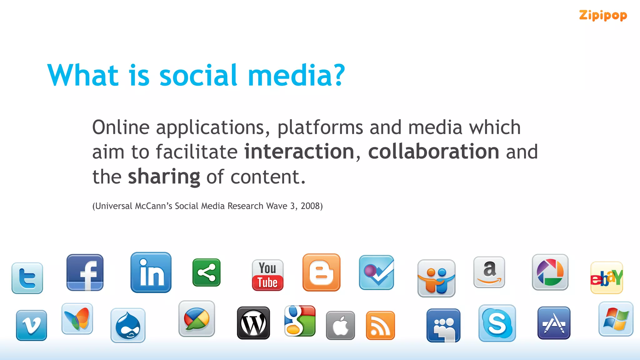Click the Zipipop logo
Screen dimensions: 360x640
(x=603, y=15)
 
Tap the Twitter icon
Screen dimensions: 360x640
(x=27, y=278)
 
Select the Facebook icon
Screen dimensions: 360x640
(x=85, y=272)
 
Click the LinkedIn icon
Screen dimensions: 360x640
(x=151, y=272)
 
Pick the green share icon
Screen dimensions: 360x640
(x=207, y=272)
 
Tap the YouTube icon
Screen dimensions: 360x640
(x=267, y=275)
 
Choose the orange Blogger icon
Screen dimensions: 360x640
(x=321, y=272)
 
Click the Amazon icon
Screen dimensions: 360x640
(x=489, y=272)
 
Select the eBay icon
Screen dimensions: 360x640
(x=607, y=278)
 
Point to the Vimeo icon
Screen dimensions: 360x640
(x=32, y=325)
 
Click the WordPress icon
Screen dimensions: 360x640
(x=253, y=323)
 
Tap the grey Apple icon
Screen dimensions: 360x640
(x=340, y=325)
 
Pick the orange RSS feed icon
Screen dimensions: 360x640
(x=380, y=325)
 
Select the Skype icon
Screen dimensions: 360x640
(x=497, y=323)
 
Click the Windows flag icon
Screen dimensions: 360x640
(x=616, y=319)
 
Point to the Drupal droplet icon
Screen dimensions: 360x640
(x=128, y=325)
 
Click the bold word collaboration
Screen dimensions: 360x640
(x=433, y=152)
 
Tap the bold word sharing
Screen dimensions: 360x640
(x=164, y=177)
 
